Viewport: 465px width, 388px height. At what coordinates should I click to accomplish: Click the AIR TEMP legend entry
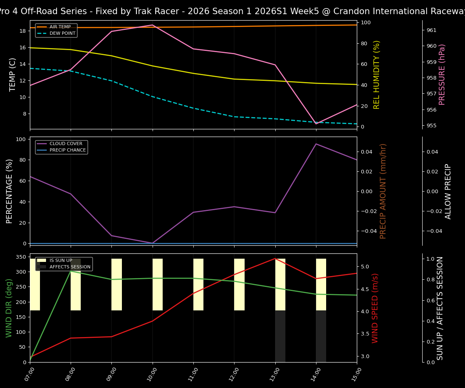[60, 27]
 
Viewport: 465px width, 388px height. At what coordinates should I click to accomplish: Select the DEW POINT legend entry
[62, 34]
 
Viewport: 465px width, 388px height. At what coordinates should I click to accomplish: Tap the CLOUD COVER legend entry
[66, 144]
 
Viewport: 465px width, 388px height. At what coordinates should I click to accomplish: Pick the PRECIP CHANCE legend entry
[67, 150]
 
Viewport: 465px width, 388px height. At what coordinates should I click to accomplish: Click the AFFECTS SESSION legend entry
[70, 267]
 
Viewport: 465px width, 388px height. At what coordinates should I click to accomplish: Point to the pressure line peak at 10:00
[152, 25]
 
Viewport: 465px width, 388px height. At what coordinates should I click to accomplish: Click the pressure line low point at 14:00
[316, 124]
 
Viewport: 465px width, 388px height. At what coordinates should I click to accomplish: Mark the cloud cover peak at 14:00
[316, 144]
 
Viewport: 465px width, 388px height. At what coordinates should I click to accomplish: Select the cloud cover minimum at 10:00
[152, 243]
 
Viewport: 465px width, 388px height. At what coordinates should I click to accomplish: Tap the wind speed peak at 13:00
[275, 258]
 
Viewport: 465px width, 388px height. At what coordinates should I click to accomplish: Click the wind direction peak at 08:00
[71, 271]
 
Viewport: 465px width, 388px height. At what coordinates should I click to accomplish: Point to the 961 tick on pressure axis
[431, 30]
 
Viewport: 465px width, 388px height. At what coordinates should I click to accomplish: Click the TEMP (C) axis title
[13, 74]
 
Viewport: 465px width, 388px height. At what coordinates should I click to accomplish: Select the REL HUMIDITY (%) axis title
[377, 74]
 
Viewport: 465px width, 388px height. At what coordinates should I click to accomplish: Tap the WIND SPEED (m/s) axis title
[375, 308]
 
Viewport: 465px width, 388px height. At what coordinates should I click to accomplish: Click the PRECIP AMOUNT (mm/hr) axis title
[383, 191]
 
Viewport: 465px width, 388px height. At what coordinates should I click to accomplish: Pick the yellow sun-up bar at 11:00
[198, 285]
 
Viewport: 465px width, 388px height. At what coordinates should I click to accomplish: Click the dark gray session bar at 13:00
[280, 336]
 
